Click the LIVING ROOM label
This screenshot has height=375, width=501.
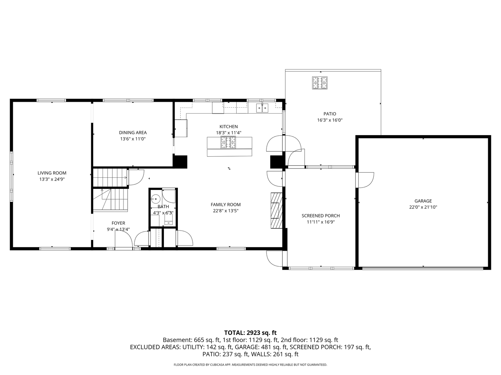click(x=52, y=173)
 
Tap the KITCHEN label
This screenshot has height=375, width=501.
click(x=229, y=127)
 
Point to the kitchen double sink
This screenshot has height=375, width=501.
click(x=262, y=108)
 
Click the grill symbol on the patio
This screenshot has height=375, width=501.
click(x=320, y=83)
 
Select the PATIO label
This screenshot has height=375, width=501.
click(x=330, y=114)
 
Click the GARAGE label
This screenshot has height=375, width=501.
click(x=423, y=201)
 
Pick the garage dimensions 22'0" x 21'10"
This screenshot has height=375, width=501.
click(x=423, y=207)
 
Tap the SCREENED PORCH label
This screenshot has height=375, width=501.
click(x=320, y=216)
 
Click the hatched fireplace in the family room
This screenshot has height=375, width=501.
click(x=277, y=210)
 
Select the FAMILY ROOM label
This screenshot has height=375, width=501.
click(x=225, y=205)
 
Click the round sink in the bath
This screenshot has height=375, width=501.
click(x=155, y=199)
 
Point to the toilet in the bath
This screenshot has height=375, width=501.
click(x=168, y=219)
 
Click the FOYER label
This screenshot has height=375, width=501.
click(x=118, y=223)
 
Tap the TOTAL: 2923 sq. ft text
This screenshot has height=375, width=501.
click(x=250, y=333)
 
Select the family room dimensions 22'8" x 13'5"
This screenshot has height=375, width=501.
click(x=225, y=211)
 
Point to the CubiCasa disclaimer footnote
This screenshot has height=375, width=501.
click(x=250, y=365)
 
